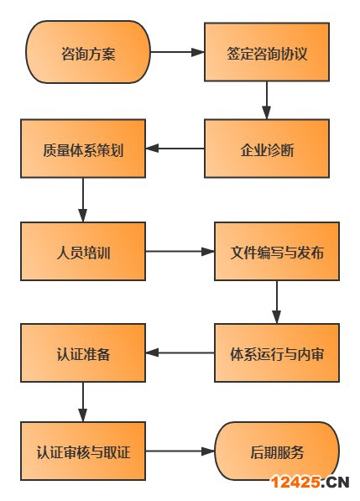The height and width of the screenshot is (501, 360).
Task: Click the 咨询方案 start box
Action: pos(88,52)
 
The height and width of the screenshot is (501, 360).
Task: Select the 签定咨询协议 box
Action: pos(267,52)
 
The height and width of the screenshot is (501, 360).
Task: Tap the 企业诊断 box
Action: pos(267,150)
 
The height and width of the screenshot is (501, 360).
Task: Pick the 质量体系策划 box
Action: pos(83,150)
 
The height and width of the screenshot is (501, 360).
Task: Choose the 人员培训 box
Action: pos(83,251)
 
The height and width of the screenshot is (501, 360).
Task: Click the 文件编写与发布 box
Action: pos(277,251)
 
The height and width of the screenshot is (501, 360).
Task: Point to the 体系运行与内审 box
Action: pos(277,352)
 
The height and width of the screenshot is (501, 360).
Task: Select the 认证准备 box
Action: pos(83,352)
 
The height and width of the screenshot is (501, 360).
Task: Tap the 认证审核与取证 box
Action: pos(83,451)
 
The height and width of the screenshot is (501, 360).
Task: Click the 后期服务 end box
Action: pos(277,451)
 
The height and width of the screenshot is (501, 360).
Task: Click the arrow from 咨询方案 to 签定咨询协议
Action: pos(177,52)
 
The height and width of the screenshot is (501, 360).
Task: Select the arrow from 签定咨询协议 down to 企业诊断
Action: pos(267,100)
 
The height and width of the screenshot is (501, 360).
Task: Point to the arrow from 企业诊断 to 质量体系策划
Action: pos(175,150)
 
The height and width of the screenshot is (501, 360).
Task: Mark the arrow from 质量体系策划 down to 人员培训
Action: pos(83,200)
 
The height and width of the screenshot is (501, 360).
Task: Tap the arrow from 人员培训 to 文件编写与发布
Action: pos(180,251)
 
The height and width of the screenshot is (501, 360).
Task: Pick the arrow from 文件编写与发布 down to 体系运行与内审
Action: pos(277,301)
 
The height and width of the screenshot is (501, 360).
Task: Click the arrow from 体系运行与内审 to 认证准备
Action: pos(180,352)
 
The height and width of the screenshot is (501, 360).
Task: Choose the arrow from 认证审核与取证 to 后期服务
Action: pos(180,451)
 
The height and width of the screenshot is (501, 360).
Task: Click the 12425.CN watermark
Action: pos(310,482)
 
